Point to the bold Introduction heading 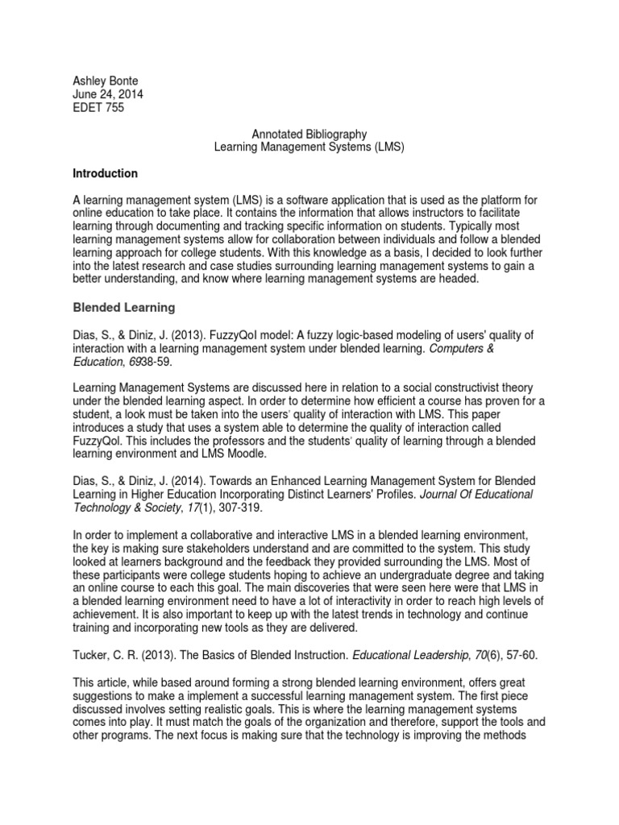click(105, 173)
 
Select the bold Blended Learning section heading click(123, 307)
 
